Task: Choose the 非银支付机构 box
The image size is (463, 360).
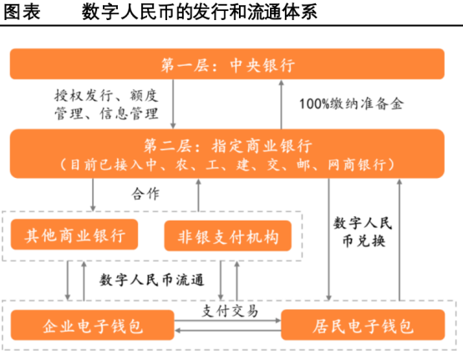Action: point(226,236)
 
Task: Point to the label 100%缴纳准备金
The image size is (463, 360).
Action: point(351,104)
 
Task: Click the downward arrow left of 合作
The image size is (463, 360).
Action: point(92,194)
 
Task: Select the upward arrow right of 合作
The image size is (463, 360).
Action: point(199,194)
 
